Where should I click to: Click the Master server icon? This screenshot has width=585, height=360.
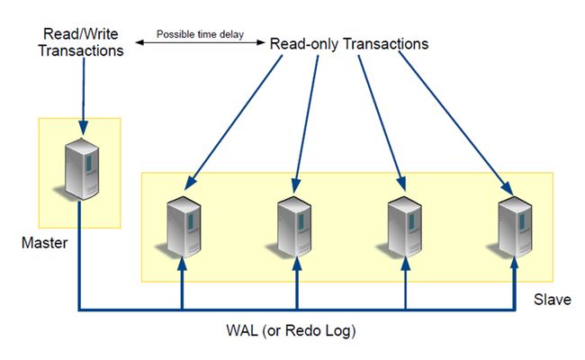[81, 169]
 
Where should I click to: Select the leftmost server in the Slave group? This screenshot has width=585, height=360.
[184, 227]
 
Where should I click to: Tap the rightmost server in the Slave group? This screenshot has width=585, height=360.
[515, 227]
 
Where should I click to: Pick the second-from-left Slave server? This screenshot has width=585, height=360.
[294, 227]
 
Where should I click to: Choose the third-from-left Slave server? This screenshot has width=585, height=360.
[404, 227]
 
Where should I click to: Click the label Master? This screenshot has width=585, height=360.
[45, 243]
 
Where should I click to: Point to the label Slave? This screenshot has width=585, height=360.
[553, 300]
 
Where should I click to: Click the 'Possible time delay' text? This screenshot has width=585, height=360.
[200, 34]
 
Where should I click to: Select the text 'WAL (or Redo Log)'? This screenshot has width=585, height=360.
[291, 330]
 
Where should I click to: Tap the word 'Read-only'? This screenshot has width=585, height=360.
[304, 44]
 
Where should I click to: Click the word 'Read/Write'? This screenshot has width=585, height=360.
[81, 34]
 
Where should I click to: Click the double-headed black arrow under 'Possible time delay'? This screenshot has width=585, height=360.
[200, 42]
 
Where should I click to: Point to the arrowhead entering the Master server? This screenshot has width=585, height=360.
[83, 128]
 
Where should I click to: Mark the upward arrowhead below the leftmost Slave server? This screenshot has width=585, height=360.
[182, 264]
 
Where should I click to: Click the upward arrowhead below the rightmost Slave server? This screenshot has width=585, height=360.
[515, 264]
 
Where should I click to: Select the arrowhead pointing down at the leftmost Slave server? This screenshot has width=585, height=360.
[190, 183]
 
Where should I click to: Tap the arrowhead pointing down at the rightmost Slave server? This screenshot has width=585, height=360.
[507, 188]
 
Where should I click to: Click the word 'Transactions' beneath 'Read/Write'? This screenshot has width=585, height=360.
[81, 50]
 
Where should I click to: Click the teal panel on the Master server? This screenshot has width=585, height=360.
[89, 164]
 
